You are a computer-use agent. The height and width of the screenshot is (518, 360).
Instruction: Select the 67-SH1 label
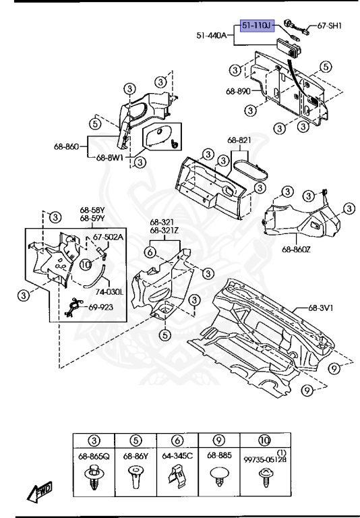point(330,26)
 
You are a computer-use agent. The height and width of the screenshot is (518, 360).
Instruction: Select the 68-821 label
point(239,140)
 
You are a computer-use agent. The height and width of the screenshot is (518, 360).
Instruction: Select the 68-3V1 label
point(321,309)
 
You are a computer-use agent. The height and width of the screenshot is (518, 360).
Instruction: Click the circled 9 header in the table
point(218,440)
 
